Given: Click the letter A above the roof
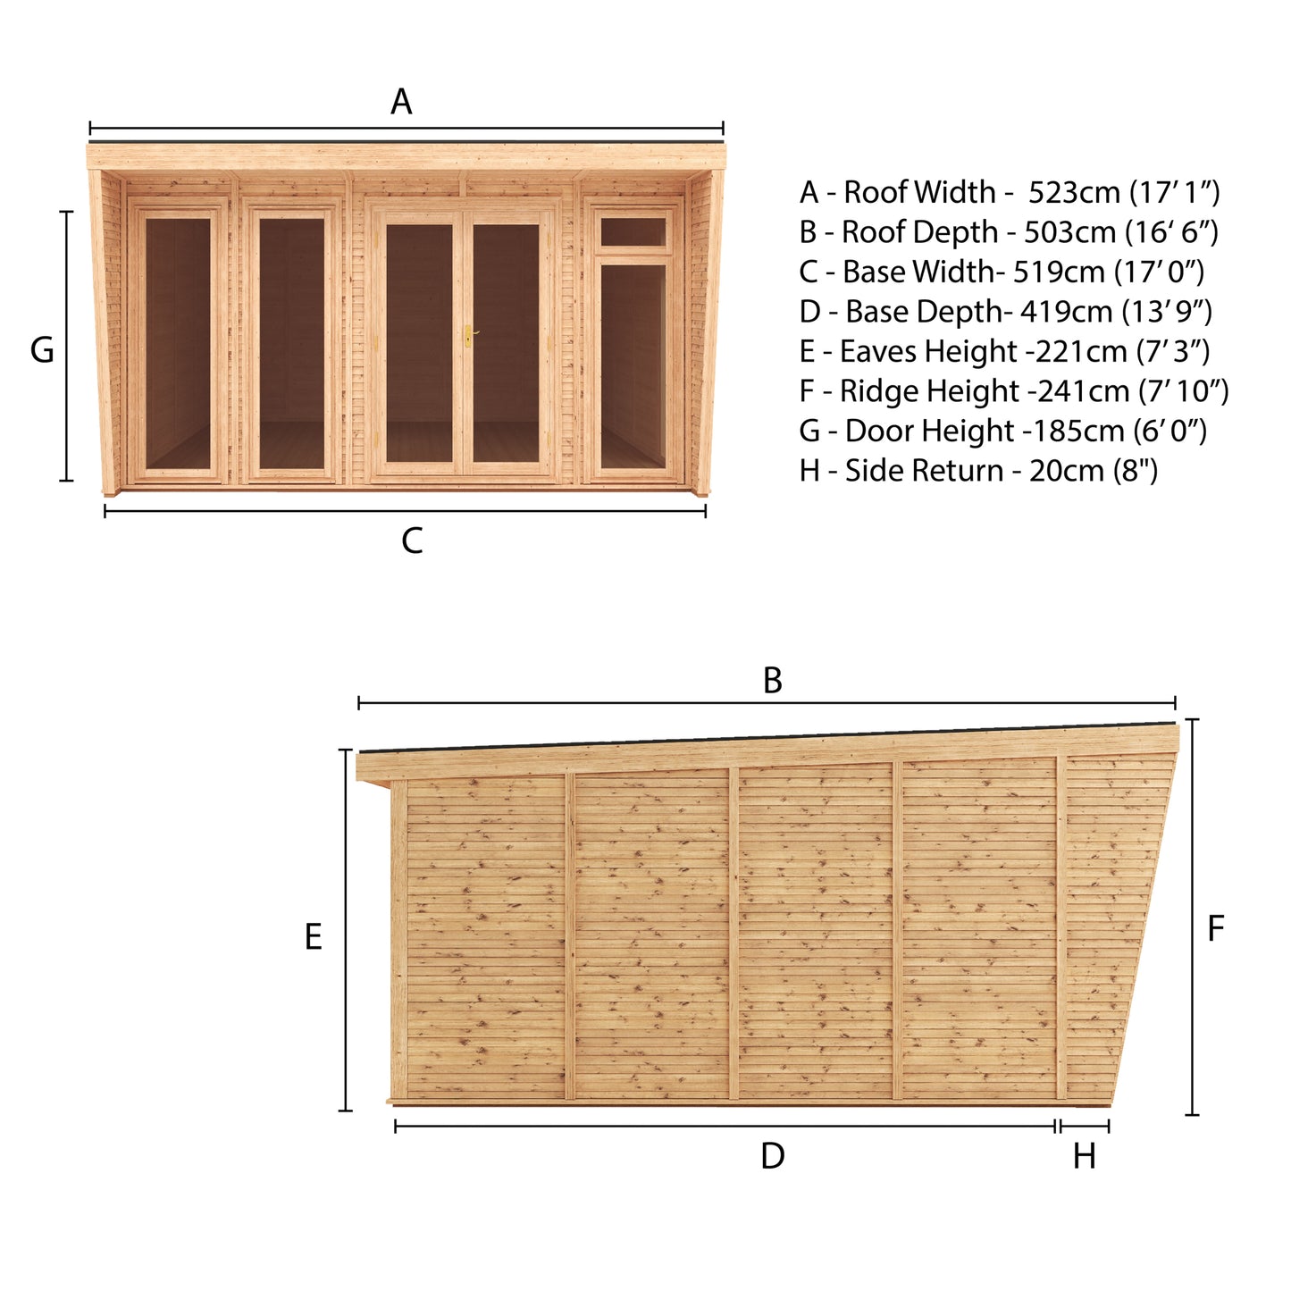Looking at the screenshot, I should tap(401, 102).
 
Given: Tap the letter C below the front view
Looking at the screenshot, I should tap(412, 541).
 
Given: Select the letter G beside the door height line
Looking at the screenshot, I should tap(42, 350).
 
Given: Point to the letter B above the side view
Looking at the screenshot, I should tap(773, 681).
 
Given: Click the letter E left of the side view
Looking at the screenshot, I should tap(313, 937).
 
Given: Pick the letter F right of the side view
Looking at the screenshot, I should tap(1215, 929).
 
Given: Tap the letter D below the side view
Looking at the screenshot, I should tap(772, 1156).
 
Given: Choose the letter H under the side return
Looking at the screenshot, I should tap(1084, 1157).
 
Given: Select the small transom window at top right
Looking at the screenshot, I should tap(633, 231).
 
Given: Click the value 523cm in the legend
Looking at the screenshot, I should tap(1075, 192).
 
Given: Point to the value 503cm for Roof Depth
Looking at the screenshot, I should tap(1069, 232).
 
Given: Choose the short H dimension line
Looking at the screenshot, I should tap(1084, 1127).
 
